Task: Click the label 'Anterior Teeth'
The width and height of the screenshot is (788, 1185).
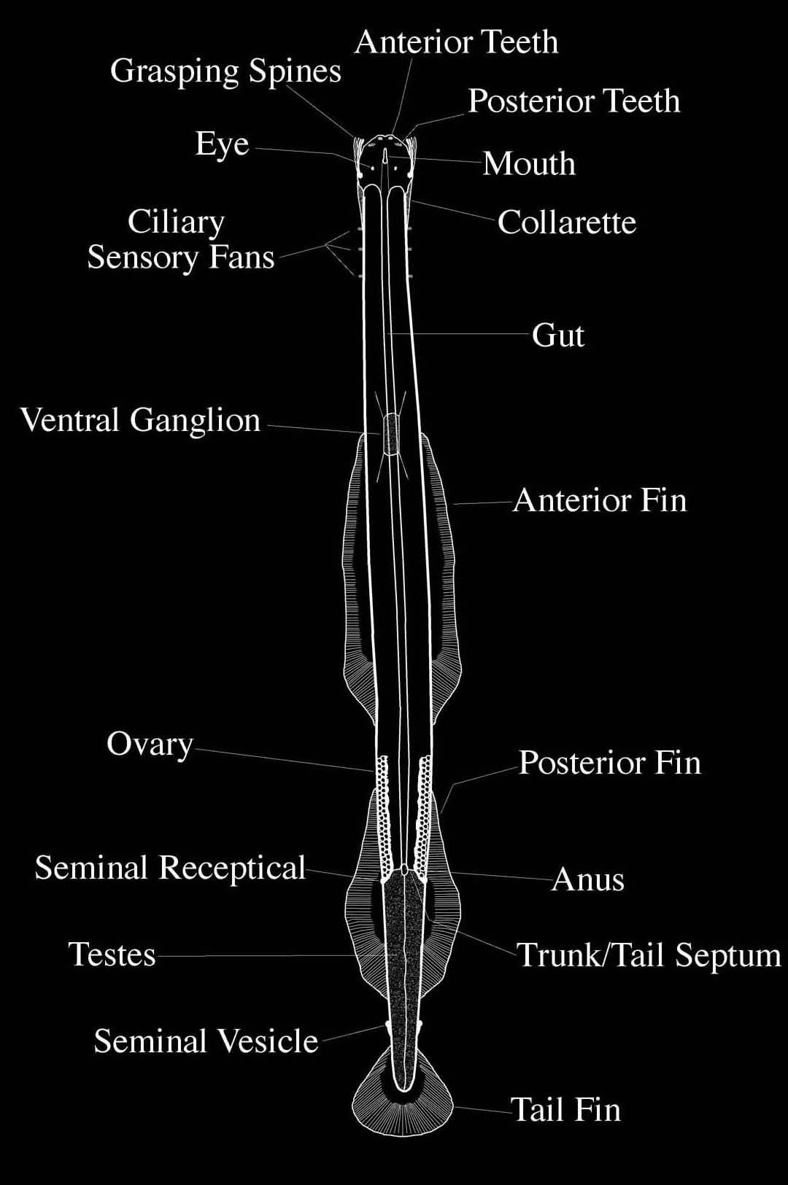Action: click(x=456, y=42)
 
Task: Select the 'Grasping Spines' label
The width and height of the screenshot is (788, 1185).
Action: click(x=225, y=71)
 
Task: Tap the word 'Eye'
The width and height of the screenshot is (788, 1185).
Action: click(x=222, y=144)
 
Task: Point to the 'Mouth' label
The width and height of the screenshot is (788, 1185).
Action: click(x=529, y=163)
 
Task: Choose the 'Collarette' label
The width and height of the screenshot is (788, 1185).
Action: click(x=567, y=222)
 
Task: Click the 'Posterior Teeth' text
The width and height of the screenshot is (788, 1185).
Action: click(x=573, y=101)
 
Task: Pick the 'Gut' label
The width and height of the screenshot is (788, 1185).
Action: click(x=558, y=335)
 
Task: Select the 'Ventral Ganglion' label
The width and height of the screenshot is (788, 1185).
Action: click(x=140, y=421)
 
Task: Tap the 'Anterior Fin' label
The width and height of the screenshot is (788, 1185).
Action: click(x=600, y=500)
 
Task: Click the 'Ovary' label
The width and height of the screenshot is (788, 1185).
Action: click(x=150, y=745)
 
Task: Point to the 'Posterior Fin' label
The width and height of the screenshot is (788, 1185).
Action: click(x=610, y=763)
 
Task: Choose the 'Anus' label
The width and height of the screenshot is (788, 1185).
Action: click(x=588, y=879)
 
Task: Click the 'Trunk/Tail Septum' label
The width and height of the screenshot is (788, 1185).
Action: click(x=649, y=955)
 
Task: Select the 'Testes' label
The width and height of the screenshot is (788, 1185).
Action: click(x=112, y=955)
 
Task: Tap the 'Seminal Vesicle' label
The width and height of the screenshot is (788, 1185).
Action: click(x=206, y=1041)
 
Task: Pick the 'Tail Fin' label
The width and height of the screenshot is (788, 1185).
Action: click(x=565, y=1110)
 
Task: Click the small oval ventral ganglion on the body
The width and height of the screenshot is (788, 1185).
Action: click(x=392, y=434)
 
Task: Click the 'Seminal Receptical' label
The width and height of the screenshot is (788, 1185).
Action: click(x=170, y=868)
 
